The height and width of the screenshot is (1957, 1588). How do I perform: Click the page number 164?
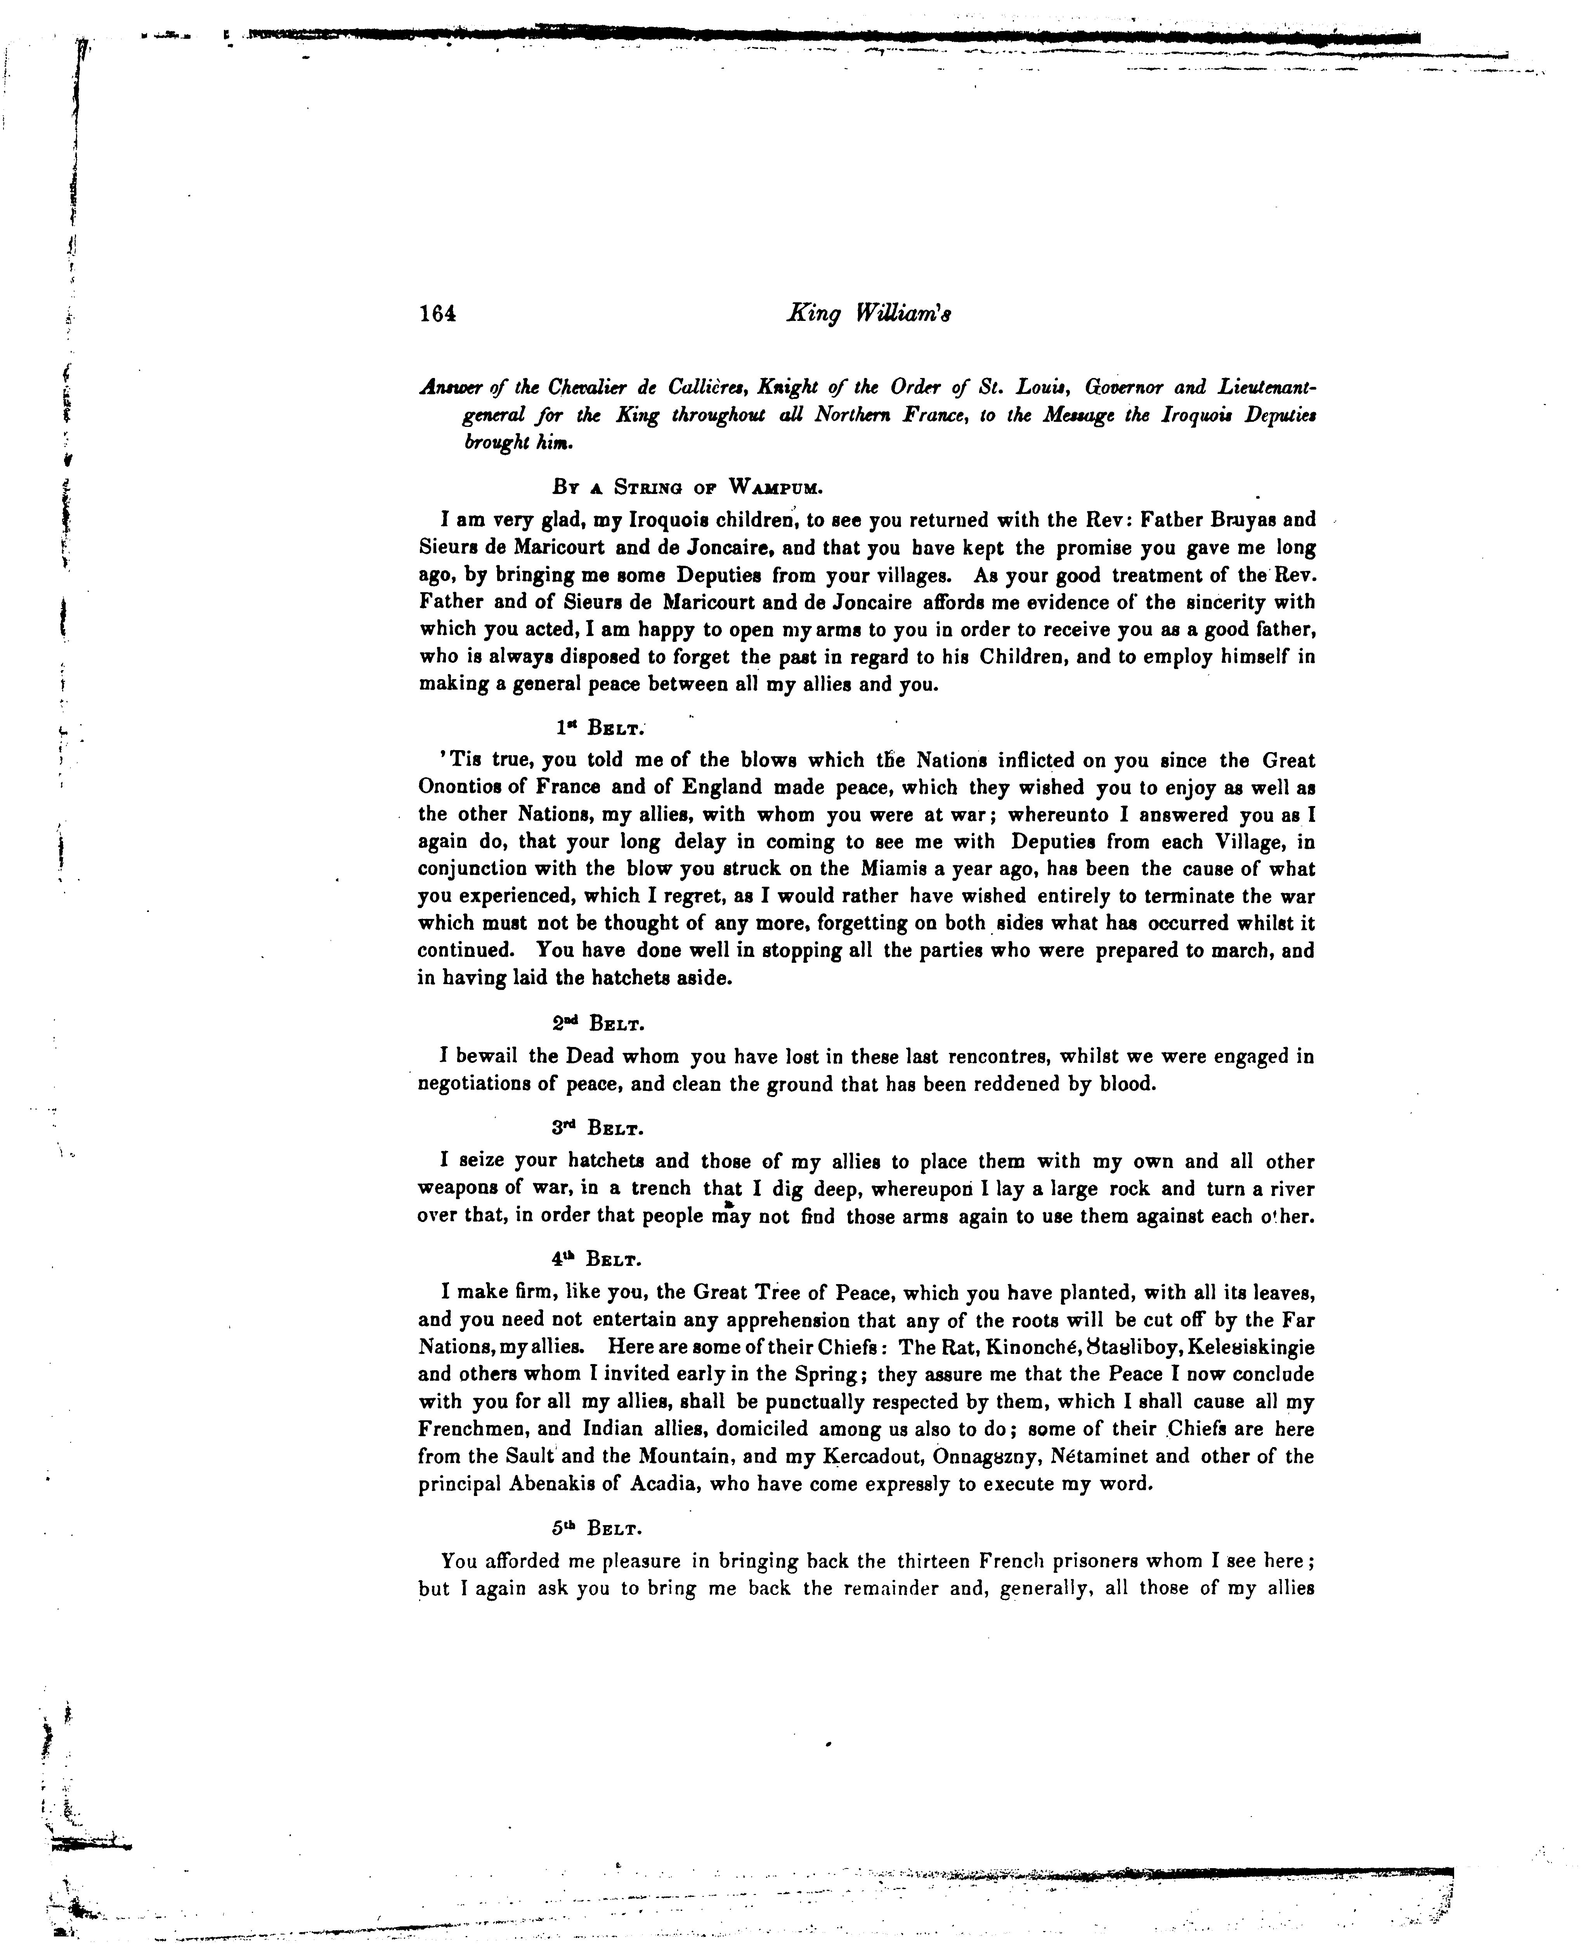coord(437,314)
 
